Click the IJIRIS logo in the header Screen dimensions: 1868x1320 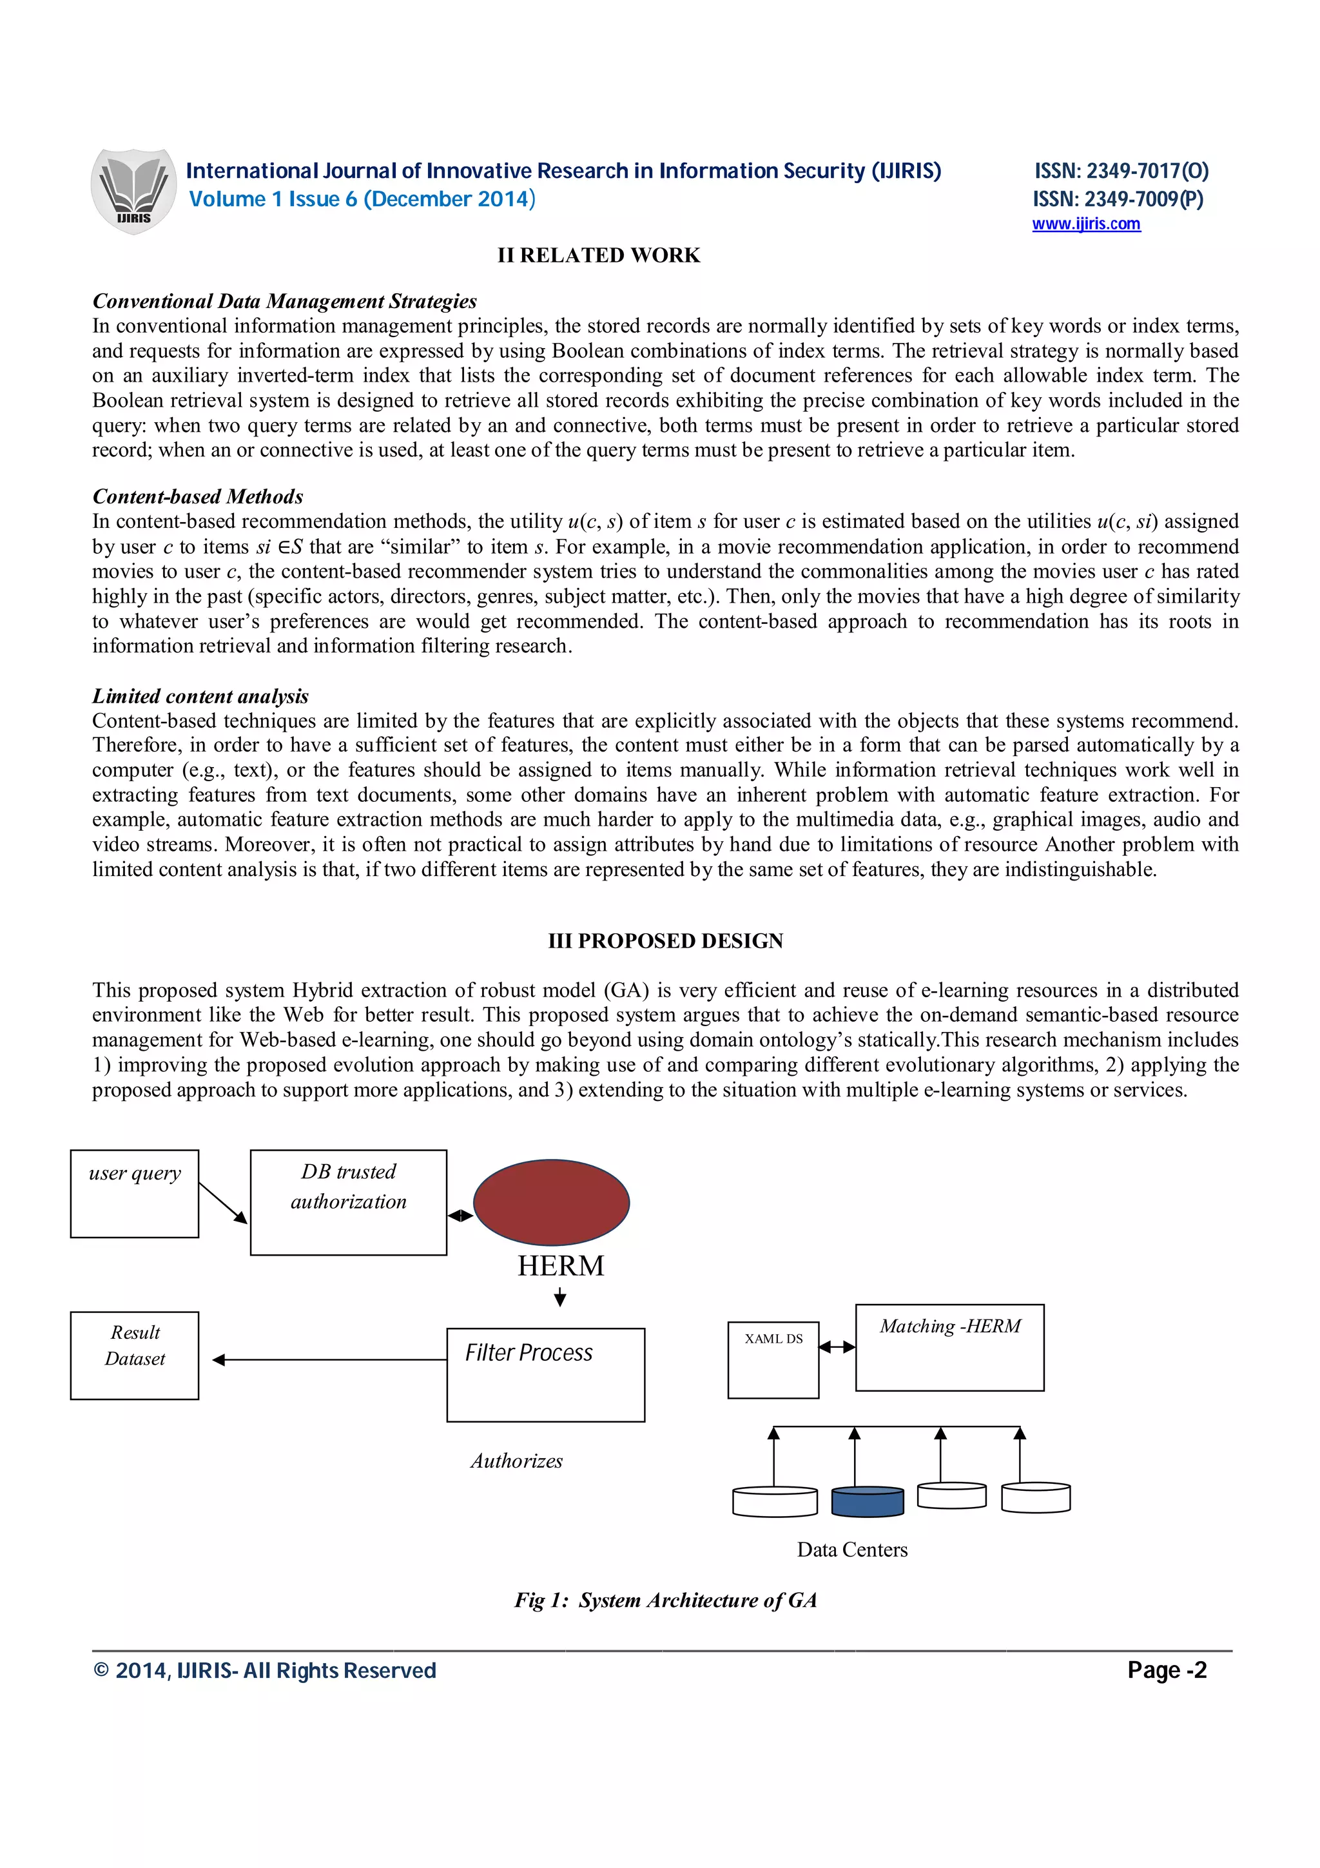point(133,191)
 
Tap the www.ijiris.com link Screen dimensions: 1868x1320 point(1086,224)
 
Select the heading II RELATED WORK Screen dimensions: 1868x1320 point(599,255)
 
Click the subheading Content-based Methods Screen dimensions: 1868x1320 point(198,496)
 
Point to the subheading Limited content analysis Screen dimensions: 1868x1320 point(200,696)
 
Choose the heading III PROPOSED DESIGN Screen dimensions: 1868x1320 point(665,940)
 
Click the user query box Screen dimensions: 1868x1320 point(134,1194)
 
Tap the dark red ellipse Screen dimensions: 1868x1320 point(552,1202)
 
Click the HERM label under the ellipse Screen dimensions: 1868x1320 point(560,1266)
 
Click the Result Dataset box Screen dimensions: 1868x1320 point(134,1356)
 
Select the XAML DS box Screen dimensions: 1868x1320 point(773,1359)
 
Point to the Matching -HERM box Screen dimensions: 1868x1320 point(949,1347)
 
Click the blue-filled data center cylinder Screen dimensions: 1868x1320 point(867,1502)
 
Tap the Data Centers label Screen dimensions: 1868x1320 point(851,1549)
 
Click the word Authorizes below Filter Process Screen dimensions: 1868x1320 point(516,1461)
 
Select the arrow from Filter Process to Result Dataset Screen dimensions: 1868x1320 point(329,1359)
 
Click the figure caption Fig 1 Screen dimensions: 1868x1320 point(665,1600)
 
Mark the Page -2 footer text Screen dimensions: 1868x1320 point(1167,1670)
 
